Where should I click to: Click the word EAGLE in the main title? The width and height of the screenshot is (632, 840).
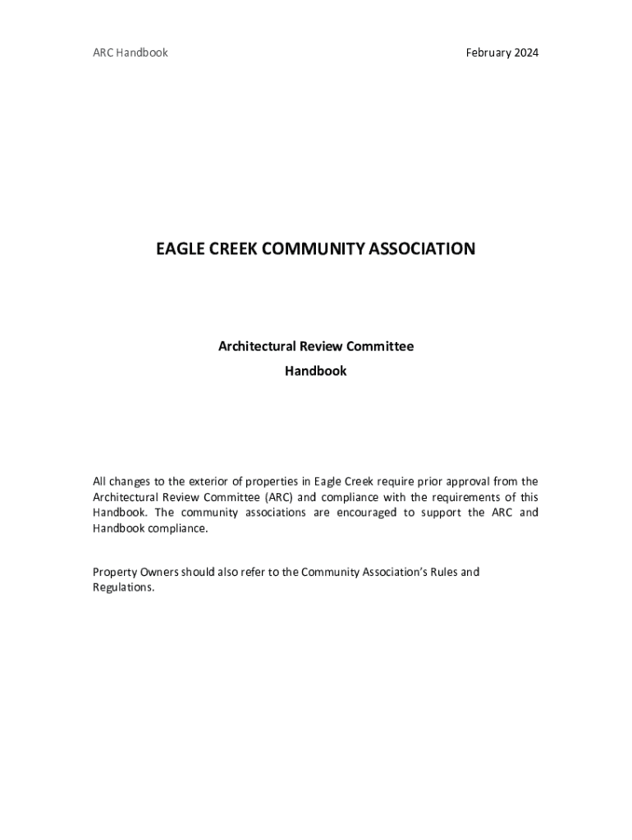point(178,249)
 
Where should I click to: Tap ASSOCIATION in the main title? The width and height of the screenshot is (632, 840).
point(422,249)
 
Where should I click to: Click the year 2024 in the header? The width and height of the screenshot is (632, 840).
point(524,52)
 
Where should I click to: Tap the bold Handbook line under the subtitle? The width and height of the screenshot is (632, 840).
point(316,371)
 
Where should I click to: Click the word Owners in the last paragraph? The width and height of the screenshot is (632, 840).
point(158,572)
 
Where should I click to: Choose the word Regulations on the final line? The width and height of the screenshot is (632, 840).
point(123,587)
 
